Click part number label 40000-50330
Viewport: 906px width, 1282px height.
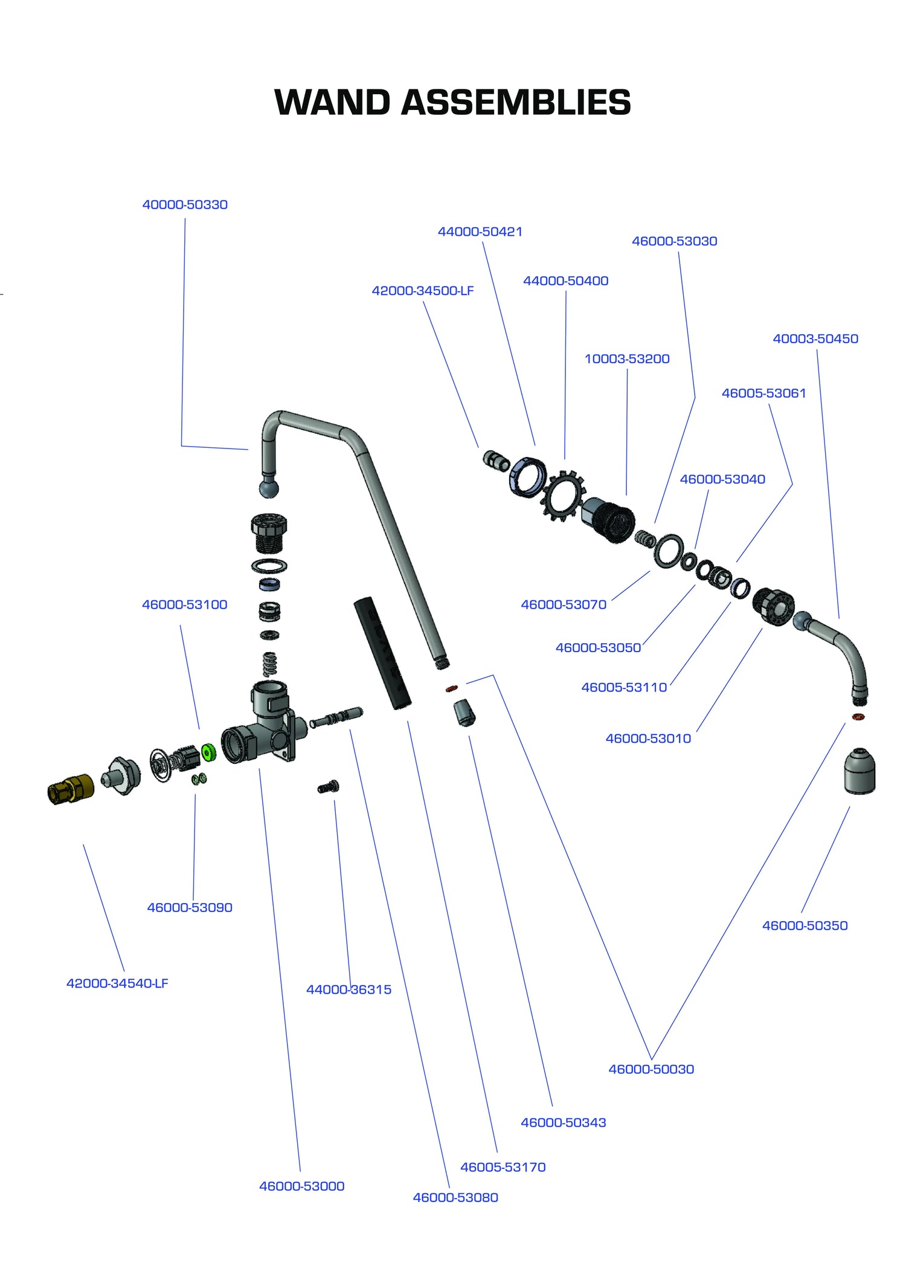pos(185,205)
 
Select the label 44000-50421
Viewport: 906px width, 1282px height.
pos(480,232)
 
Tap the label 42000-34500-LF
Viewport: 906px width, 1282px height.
pos(422,291)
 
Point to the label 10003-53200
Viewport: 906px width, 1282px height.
pos(626,359)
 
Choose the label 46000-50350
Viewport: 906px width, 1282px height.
pos(805,925)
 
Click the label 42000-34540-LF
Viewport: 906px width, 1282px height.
pos(117,983)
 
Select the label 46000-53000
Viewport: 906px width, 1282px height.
pos(301,1186)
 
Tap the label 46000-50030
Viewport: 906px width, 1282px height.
pos(651,1069)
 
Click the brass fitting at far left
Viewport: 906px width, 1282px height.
pos(71,789)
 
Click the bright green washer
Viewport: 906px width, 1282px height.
pos(208,753)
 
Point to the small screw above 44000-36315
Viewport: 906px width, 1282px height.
pos(329,787)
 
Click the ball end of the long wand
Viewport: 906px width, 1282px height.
pos(269,487)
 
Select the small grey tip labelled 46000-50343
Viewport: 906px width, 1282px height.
pos(464,713)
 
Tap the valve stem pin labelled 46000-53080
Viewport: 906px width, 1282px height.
pos(336,717)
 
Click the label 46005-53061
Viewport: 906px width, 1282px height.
pos(763,393)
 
